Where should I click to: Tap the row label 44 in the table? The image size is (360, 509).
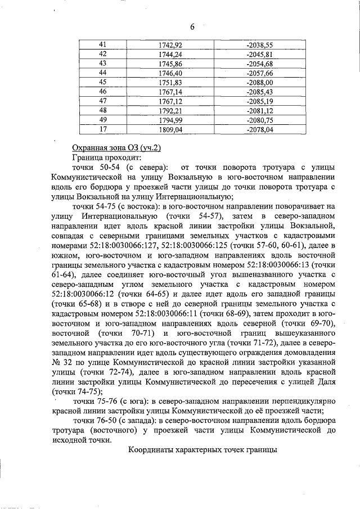(x=102, y=73)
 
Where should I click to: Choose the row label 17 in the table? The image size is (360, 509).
(x=102, y=129)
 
